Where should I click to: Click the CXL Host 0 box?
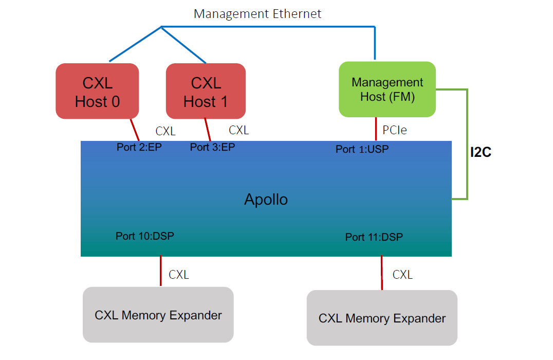(97, 92)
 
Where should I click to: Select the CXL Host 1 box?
(206, 92)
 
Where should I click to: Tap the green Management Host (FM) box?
(387, 89)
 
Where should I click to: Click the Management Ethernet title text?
(257, 14)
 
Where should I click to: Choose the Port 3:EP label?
(212, 147)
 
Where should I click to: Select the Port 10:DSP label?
(144, 236)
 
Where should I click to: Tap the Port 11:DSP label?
(374, 237)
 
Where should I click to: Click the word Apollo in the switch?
(266, 199)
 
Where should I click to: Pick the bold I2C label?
(481, 153)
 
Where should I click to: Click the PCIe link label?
(395, 130)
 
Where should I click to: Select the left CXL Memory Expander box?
(158, 315)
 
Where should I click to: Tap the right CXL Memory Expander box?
(382, 318)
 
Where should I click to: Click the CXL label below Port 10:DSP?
(179, 275)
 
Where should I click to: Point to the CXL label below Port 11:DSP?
(402, 275)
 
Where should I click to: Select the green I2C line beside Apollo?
(467, 144)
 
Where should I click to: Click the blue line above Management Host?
(375, 44)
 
